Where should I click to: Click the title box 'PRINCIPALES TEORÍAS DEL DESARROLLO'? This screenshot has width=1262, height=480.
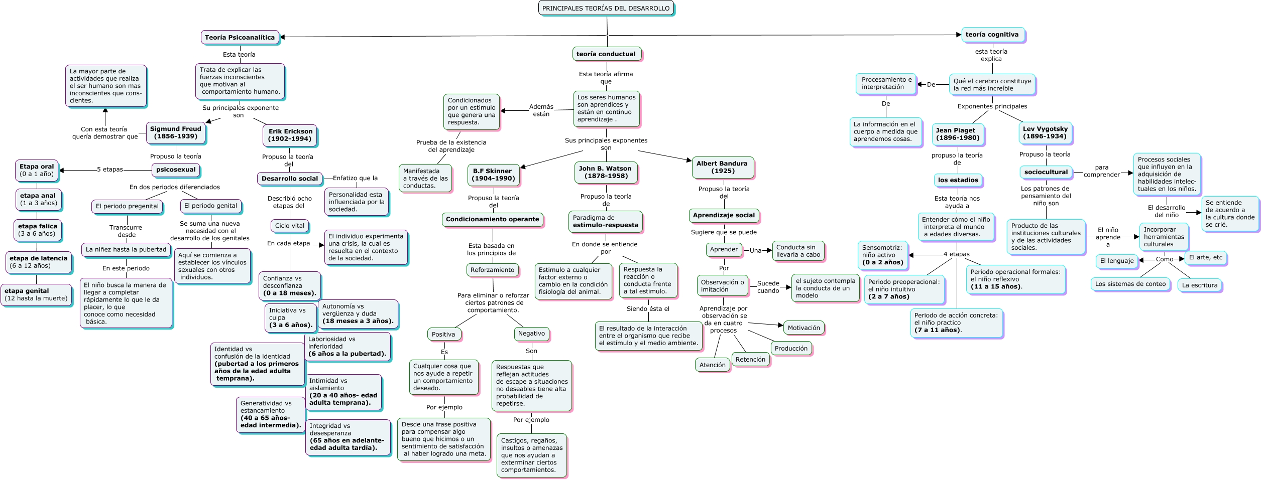(606, 8)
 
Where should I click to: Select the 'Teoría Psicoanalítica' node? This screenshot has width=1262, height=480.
(240, 37)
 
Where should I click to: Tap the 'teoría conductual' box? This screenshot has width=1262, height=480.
(606, 54)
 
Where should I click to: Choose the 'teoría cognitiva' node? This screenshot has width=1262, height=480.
(992, 35)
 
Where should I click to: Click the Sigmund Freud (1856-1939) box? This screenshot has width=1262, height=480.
(176, 132)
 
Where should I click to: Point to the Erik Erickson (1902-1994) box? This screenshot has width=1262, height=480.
(290, 135)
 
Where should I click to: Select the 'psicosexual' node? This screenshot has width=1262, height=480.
(176, 170)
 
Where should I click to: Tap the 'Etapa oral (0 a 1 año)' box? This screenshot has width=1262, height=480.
(37, 170)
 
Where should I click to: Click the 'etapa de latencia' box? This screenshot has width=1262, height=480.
(38, 262)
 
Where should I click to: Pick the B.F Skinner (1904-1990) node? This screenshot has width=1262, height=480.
(493, 175)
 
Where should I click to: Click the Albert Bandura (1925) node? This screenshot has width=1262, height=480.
(722, 167)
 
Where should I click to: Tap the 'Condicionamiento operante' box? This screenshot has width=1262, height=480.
(492, 219)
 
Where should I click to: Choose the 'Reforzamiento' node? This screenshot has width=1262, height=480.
(492, 270)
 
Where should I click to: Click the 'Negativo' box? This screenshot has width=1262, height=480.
(531, 334)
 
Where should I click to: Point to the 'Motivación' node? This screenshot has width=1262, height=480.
(804, 328)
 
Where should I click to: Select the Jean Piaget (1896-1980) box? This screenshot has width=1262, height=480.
(958, 134)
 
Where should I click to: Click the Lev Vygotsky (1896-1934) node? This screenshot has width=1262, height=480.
(1045, 132)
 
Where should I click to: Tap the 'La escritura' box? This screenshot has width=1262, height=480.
(1199, 285)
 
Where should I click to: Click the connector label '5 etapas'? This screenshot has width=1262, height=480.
(110, 170)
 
